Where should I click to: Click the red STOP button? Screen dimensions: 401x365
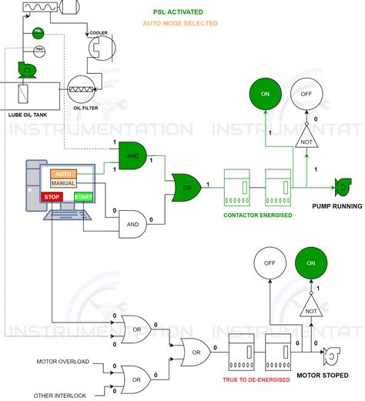[52, 198]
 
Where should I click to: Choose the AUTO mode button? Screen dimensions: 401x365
[63, 174]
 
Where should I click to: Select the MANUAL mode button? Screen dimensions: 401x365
[63, 184]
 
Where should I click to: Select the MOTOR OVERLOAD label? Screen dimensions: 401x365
[63, 361]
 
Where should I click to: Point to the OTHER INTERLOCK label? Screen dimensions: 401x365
[62, 395]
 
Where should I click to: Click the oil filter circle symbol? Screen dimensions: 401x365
[81, 89]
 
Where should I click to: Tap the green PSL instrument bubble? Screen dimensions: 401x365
[37, 34]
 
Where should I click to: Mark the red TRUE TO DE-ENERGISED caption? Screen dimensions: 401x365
[256, 379]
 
